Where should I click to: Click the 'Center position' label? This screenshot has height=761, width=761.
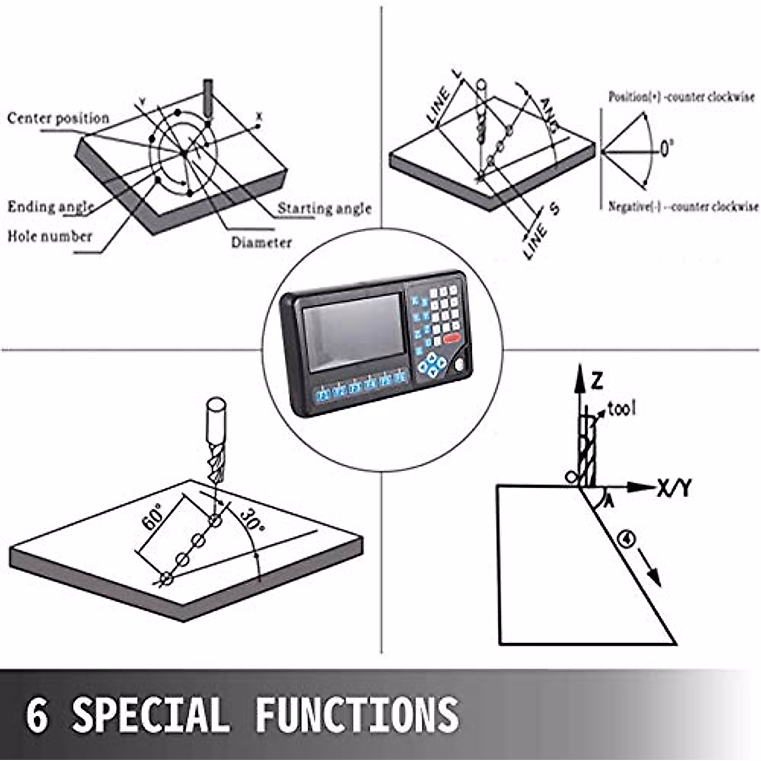[58, 119]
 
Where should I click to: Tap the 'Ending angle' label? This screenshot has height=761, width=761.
[51, 207]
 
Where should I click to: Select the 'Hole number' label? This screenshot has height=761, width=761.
[49, 237]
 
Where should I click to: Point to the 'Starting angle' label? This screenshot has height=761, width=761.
[325, 208]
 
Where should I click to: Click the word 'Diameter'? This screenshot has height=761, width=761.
[261, 242]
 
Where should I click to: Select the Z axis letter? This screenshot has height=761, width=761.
[596, 381]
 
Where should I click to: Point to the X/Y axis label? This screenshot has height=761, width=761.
[674, 488]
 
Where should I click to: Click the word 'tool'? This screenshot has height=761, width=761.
[621, 409]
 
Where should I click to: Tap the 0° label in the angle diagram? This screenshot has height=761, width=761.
[667, 150]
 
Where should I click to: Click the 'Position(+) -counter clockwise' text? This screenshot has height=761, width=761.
[682, 97]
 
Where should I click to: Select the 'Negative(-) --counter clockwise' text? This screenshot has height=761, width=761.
[683, 207]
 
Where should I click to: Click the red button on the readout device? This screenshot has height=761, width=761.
[452, 339]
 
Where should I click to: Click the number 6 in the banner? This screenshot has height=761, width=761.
[37, 715]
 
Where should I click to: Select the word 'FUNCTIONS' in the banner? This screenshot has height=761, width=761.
[356, 715]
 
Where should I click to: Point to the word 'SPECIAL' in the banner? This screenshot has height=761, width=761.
[150, 715]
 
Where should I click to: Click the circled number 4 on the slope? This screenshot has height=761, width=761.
[627, 539]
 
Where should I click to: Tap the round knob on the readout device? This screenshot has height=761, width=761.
[460, 366]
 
